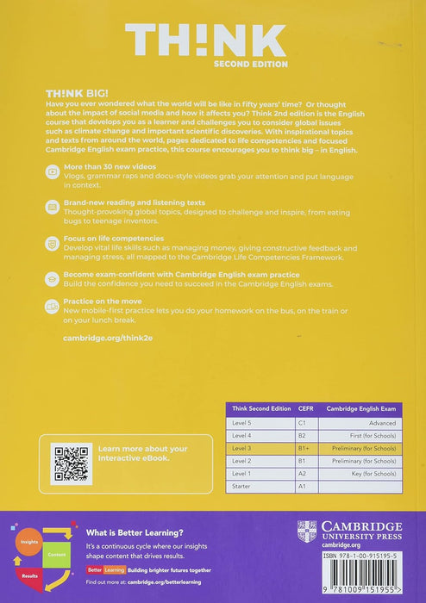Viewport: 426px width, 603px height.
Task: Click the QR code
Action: click(x=72, y=463)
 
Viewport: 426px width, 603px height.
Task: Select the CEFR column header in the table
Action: click(x=304, y=408)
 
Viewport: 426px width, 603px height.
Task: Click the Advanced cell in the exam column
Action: click(x=379, y=423)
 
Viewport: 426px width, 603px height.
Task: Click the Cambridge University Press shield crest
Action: click(x=307, y=531)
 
